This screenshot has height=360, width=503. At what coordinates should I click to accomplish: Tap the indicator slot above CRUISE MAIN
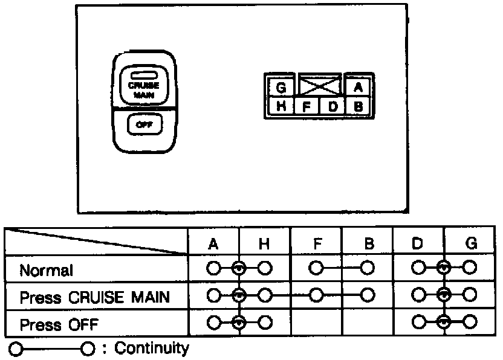pyautogui.click(x=143, y=76)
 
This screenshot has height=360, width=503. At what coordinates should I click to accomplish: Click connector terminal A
pyautogui.click(x=358, y=87)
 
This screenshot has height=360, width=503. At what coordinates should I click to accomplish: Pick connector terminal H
pyautogui.click(x=281, y=107)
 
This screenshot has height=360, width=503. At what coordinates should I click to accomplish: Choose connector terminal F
pyautogui.click(x=307, y=108)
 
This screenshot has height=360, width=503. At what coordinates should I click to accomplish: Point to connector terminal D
pyautogui.click(x=332, y=108)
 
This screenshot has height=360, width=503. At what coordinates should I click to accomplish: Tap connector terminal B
pyautogui.click(x=358, y=108)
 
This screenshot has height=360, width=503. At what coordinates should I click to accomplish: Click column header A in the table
pyautogui.click(x=213, y=244)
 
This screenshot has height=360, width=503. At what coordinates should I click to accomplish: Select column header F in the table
pyautogui.click(x=316, y=244)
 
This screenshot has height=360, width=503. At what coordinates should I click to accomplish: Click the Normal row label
pyautogui.click(x=46, y=270)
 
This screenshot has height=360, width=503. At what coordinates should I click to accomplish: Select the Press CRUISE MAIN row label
pyautogui.click(x=94, y=297)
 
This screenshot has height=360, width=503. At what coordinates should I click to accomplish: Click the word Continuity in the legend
pyautogui.click(x=151, y=349)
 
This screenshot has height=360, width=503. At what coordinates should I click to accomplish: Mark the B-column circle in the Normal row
pyautogui.click(x=367, y=268)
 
